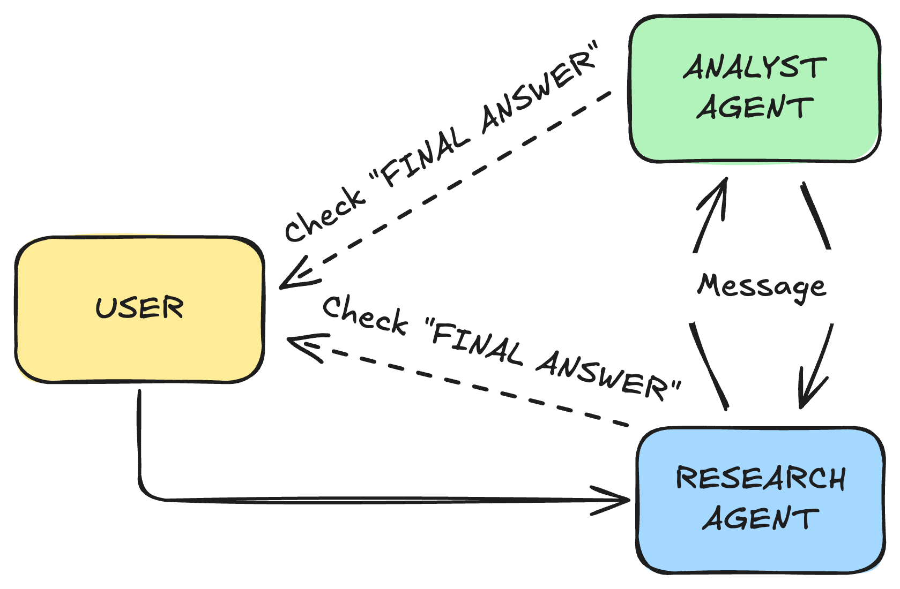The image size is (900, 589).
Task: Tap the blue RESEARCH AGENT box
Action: tap(760, 552)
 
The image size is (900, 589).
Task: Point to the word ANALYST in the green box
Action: tap(755, 68)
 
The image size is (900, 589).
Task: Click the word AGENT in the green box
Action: tap(755, 107)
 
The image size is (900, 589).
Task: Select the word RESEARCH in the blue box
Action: tap(761, 478)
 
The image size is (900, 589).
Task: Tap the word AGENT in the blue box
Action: tap(760, 519)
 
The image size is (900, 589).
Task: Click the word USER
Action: tap(139, 308)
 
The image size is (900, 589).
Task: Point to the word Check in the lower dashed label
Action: tap(365, 315)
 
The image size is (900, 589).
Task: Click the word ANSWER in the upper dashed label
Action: tap(539, 91)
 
